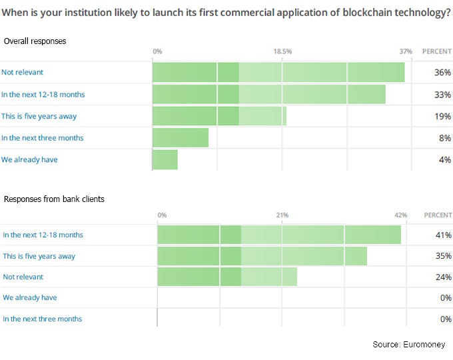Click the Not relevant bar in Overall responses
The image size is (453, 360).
[278, 72]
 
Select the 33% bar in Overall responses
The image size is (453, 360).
[269, 94]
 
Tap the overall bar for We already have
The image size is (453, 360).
[165, 159]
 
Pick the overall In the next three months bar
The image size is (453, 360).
[181, 137]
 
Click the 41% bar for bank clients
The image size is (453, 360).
[279, 235]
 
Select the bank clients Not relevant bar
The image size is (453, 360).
[227, 277]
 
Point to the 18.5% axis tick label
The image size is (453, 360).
[282, 51]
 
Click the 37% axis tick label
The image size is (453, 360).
[406, 51]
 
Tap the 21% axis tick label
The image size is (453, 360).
[282, 215]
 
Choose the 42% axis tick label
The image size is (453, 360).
[400, 215]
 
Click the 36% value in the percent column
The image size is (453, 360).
[442, 72]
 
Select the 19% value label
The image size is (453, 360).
[442, 116]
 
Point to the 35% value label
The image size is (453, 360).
[442, 256]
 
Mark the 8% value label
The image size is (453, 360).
[444, 138]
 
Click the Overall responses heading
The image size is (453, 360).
[35, 41]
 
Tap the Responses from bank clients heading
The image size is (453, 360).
[54, 199]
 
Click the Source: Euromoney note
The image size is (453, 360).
[408, 344]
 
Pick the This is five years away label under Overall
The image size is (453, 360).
[39, 116]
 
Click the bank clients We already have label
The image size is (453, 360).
[29, 297]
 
